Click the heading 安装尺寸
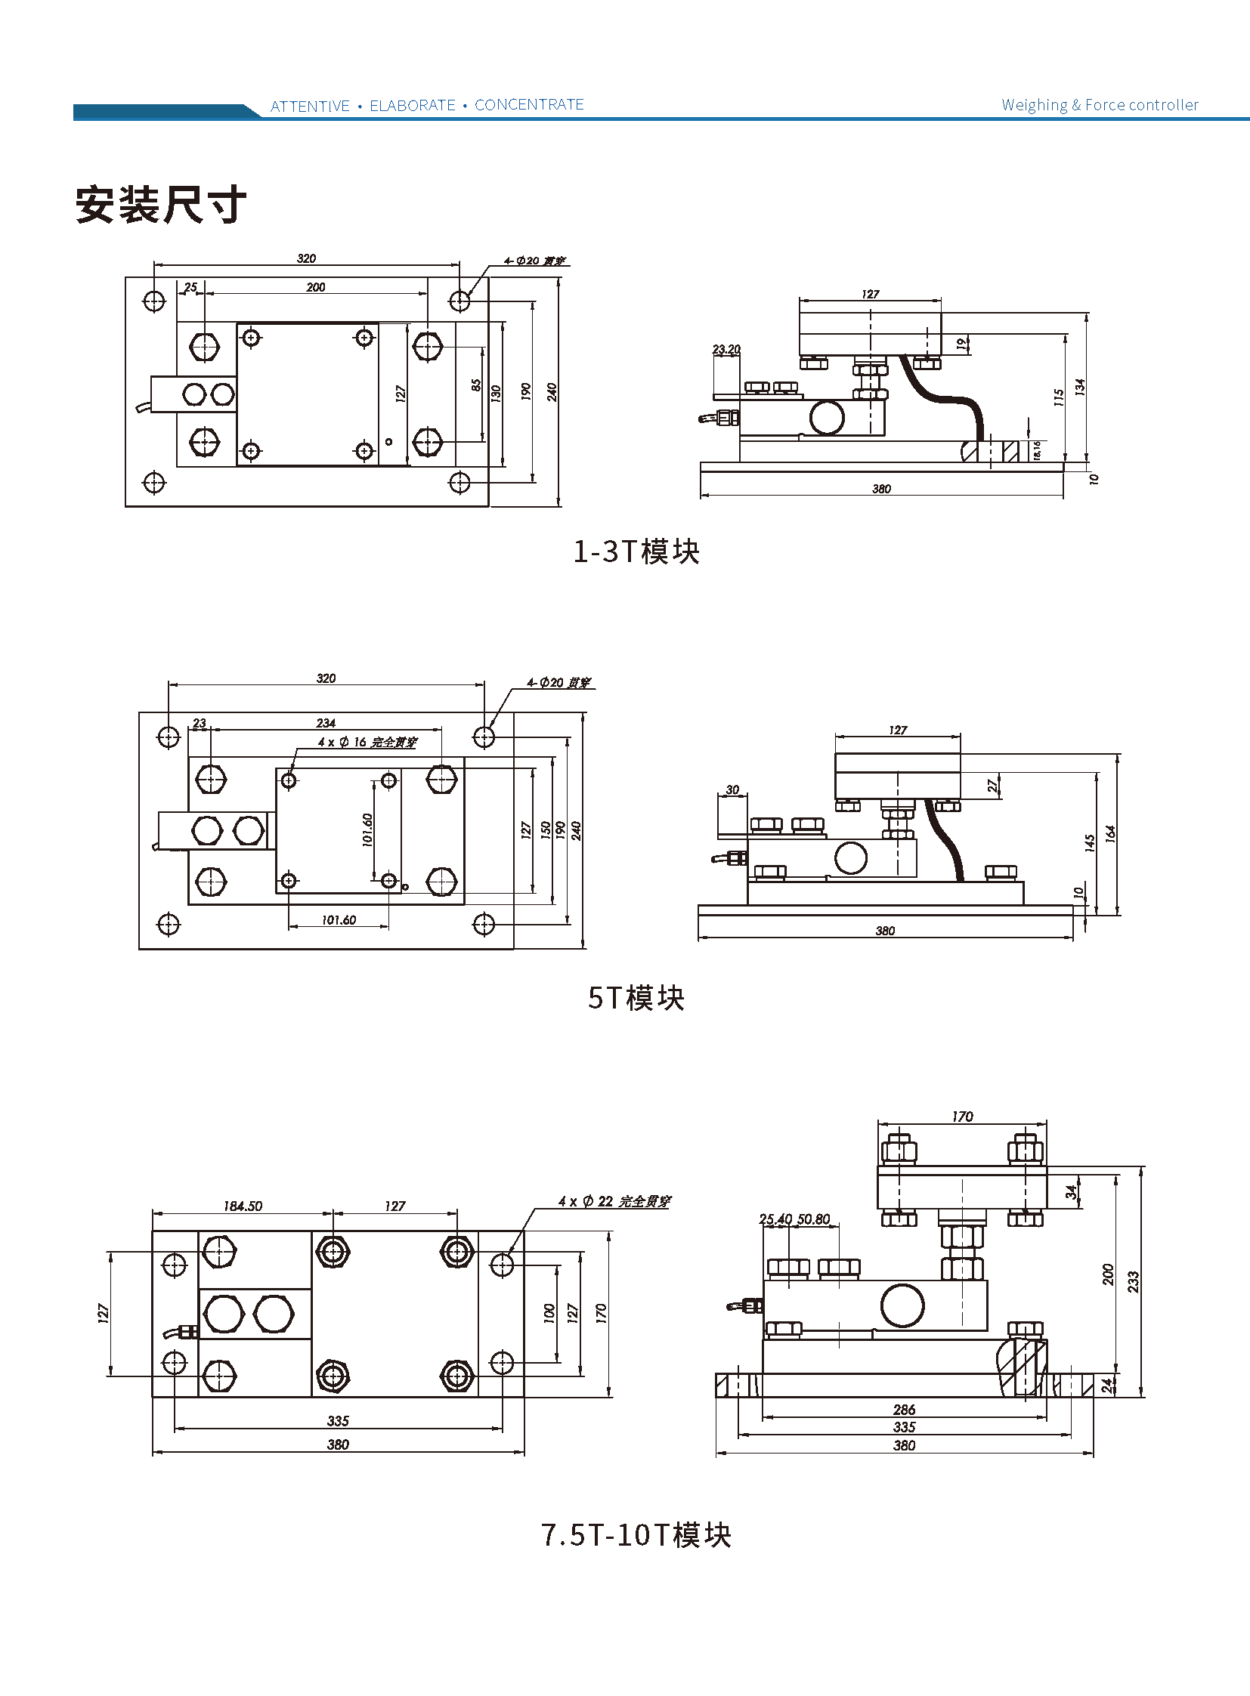coord(160,204)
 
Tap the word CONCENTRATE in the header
coord(529,104)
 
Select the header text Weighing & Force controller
coord(1100,105)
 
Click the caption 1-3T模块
coord(636,551)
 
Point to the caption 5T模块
coord(636,998)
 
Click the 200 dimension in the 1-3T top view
coord(316,288)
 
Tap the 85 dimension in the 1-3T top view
coord(476,385)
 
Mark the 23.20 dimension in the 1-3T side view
coord(726,350)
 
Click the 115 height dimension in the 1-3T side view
coord(1059,397)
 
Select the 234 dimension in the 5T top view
coord(326,723)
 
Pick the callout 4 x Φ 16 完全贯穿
coord(367,742)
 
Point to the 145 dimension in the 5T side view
coord(1090,842)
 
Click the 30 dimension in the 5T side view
coord(732,789)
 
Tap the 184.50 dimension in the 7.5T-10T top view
coord(242,1206)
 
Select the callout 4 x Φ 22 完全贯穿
coord(614,1201)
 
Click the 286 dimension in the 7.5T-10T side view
coord(903,1409)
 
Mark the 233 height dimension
coord(1133,1281)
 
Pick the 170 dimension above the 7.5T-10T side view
coord(962,1117)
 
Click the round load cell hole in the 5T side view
coord(850,859)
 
